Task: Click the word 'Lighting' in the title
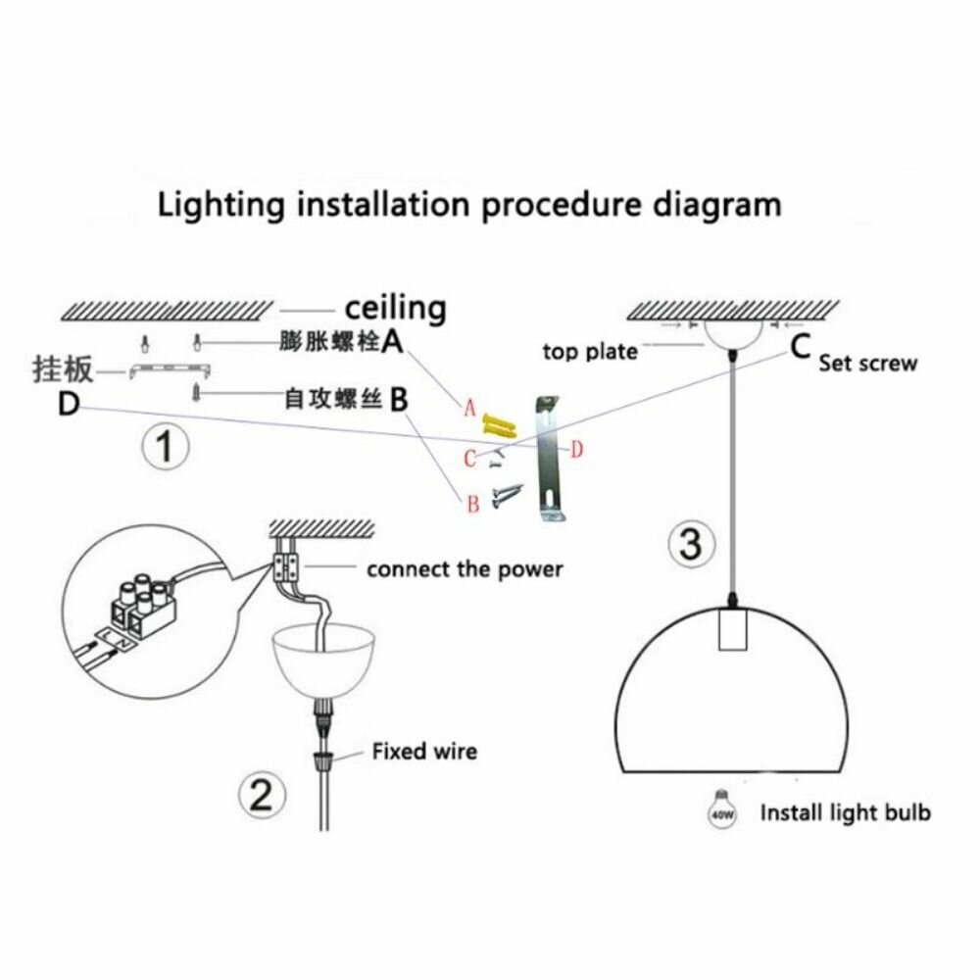(x=220, y=205)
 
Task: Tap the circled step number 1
(x=165, y=446)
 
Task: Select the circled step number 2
(x=262, y=795)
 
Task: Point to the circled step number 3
(x=690, y=543)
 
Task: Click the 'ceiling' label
(x=396, y=308)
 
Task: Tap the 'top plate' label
(x=590, y=352)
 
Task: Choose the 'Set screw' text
(x=868, y=364)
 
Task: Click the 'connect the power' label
(x=465, y=569)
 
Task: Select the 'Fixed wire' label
(x=424, y=751)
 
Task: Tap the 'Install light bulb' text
(x=845, y=812)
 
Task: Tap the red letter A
(x=470, y=409)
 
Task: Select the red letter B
(x=473, y=504)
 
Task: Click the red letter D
(x=576, y=449)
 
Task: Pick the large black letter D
(x=69, y=404)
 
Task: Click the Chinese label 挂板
(x=63, y=369)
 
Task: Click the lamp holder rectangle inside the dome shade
(x=732, y=630)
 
